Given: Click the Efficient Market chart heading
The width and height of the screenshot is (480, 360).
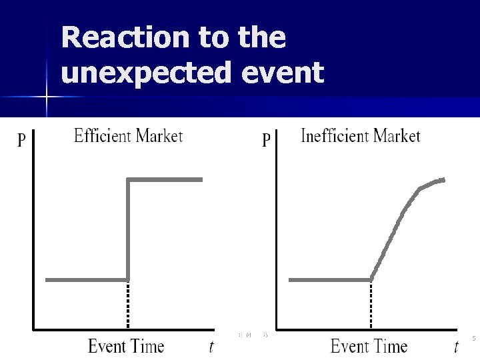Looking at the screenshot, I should pos(127,136).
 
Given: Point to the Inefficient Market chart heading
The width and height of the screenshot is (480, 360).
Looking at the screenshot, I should pos(361,136).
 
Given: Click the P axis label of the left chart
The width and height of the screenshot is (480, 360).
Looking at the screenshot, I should pos(22,140).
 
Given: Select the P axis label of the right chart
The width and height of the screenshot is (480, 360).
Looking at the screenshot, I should pos(266,140).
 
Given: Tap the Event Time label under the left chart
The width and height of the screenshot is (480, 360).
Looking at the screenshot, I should pos(126,347).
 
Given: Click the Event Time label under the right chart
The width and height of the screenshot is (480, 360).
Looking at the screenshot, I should pos(369,347).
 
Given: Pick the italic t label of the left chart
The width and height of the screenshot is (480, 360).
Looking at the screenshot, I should pos(211,347).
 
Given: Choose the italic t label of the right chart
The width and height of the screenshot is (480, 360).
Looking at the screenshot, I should pos(456,347).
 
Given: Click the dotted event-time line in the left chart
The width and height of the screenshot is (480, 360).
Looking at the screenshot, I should pos(127,305).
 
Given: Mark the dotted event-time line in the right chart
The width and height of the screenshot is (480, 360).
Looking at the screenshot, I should pos(371,305).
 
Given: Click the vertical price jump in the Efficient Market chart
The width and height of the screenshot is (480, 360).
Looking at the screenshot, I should pos(127,227).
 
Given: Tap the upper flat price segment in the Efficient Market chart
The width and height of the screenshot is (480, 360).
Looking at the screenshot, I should pos(165,179).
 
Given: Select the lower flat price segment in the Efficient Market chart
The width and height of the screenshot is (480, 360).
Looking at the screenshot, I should pos(86,279).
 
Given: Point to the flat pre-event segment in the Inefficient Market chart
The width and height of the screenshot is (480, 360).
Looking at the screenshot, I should pos(330,279).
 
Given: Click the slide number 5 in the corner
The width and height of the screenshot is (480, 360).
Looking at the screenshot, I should pos(473,339).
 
